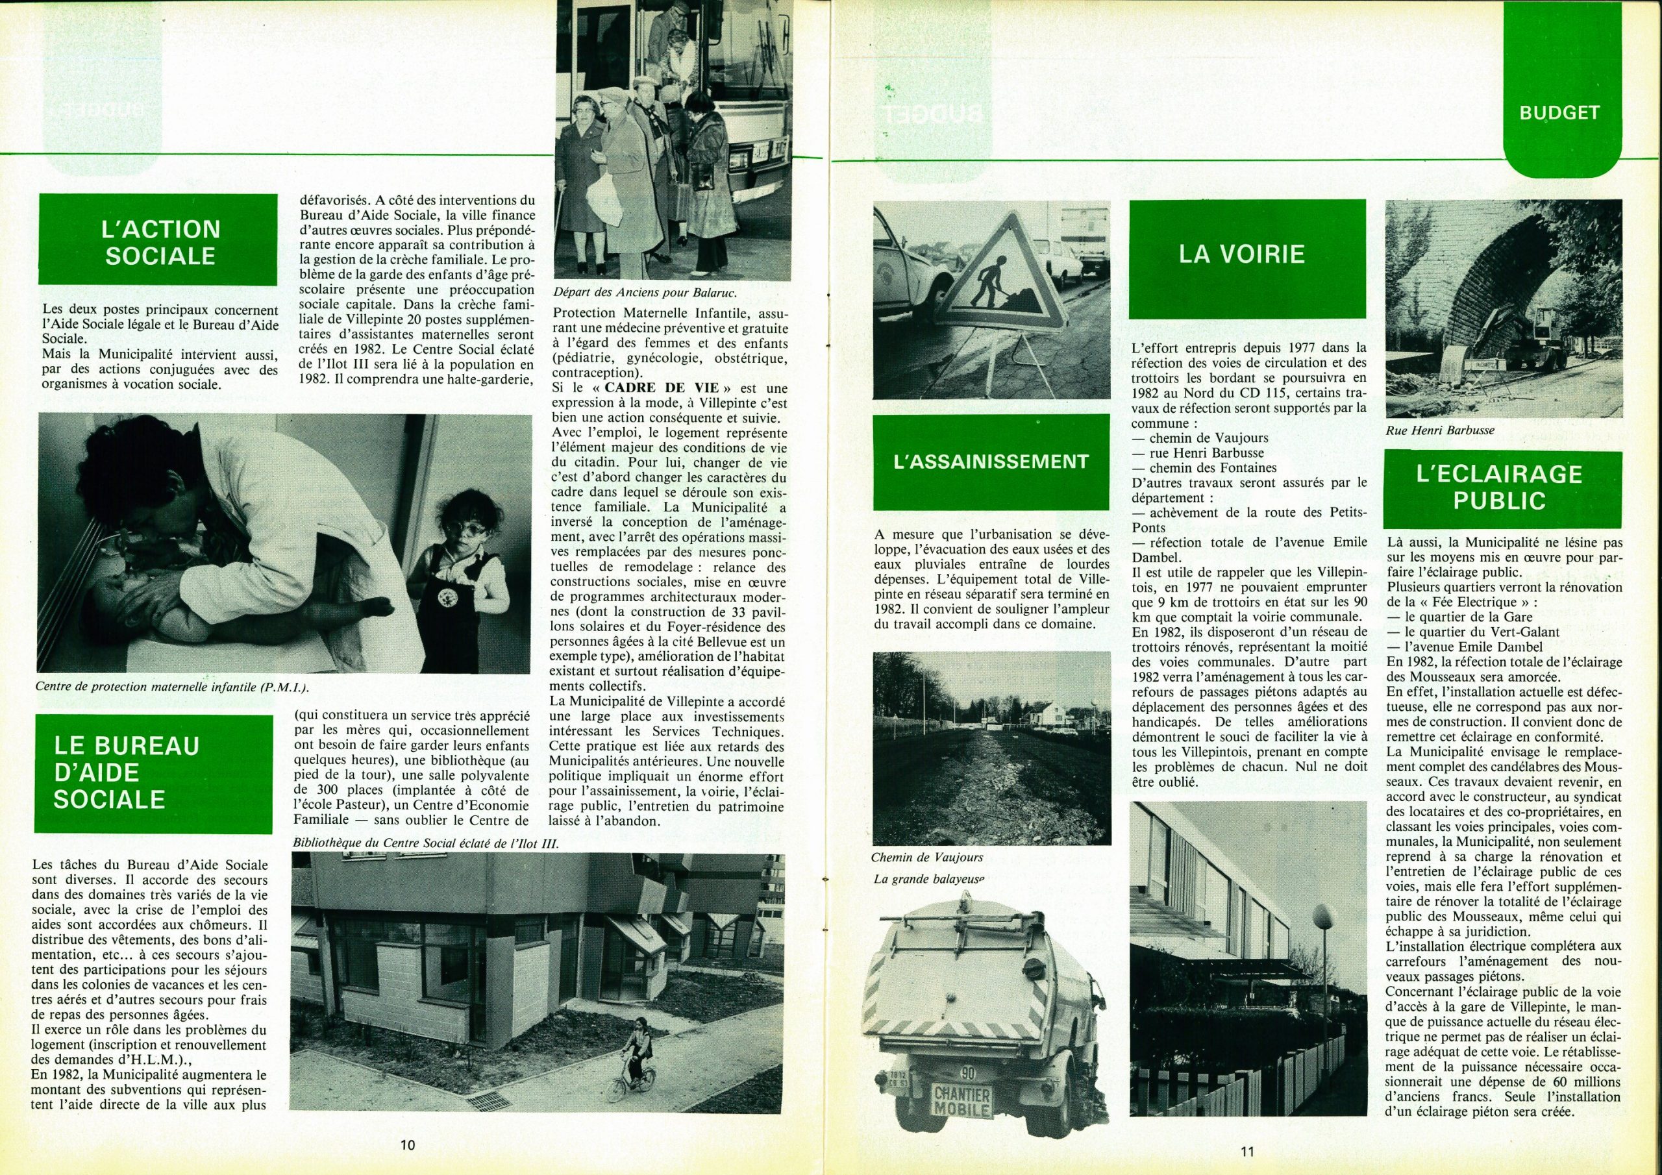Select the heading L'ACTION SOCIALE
pyautogui.click(x=158, y=241)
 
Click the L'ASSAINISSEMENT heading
pyautogui.click(x=991, y=462)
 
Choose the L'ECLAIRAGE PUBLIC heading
pyautogui.click(x=1499, y=488)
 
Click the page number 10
pyautogui.click(x=408, y=1144)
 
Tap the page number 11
pyautogui.click(x=1246, y=1150)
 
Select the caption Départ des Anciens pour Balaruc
pyautogui.click(x=644, y=293)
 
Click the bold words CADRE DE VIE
pyautogui.click(x=662, y=388)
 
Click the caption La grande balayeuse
pyautogui.click(x=930, y=880)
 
